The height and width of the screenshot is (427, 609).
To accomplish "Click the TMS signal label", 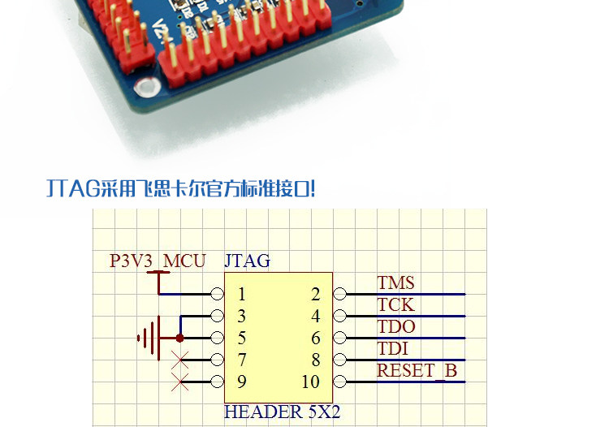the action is tap(395, 283).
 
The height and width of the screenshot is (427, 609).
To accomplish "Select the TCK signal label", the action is tap(395, 305).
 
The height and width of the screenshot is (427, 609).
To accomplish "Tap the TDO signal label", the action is tap(396, 327).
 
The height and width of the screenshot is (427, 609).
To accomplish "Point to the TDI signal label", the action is tap(393, 349).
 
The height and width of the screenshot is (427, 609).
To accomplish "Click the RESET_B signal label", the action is tap(417, 371).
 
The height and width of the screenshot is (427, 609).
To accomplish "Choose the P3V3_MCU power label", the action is tap(158, 261).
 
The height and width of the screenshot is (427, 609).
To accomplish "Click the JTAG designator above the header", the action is tap(247, 261).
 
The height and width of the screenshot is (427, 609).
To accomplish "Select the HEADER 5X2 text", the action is tap(283, 412).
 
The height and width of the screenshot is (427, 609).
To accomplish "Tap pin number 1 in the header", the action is tap(242, 294).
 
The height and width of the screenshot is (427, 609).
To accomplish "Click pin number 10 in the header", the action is tap(311, 382).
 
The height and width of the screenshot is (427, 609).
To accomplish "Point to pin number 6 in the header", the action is tap(316, 339).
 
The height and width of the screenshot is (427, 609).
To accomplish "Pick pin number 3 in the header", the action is tap(242, 317).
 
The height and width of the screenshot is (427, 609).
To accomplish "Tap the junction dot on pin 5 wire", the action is tap(180, 338).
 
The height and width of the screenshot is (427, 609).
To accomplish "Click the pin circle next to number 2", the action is tap(339, 294).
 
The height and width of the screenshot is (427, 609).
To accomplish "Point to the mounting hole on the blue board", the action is tap(146, 87).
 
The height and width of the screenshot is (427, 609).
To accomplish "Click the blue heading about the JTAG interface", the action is tap(180, 189).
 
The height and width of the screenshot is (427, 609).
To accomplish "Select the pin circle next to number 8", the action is tap(339, 360).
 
